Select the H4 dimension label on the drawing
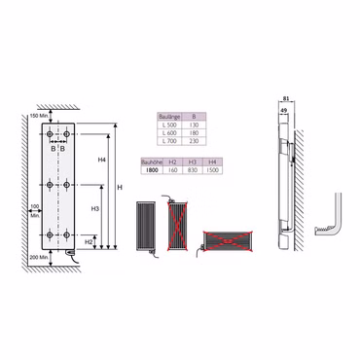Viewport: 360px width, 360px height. tap(102, 160)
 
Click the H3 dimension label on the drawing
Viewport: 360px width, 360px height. tap(94, 209)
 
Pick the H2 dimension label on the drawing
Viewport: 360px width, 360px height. tap(89, 240)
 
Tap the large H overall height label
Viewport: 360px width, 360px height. tap(121, 186)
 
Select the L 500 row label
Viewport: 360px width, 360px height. tap(169, 125)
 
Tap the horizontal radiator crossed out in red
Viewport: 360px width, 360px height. tap(226, 239)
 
